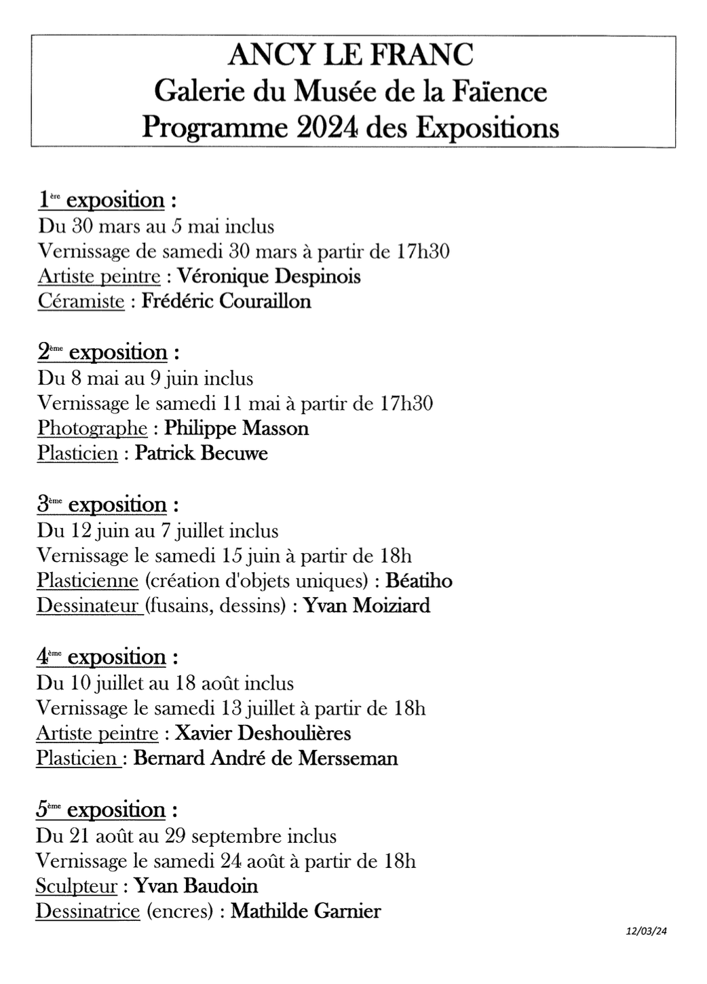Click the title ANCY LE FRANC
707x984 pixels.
pos(351,55)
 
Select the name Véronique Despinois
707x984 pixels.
pos(268,276)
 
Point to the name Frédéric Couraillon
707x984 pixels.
pos(226,301)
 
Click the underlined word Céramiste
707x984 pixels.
pos(81,301)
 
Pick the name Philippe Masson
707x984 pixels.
pos(236,428)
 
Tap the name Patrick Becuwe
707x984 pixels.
pos(202,453)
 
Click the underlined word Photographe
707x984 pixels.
pos(92,428)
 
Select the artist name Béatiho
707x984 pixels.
pos(419,581)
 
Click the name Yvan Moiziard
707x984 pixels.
pos(366,605)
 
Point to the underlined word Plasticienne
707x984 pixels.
pos(88,581)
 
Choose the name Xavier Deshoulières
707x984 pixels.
pos(263,733)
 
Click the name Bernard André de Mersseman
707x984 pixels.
pos(265,757)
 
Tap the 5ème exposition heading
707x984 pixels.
pos(107,810)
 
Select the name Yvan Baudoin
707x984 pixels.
pos(196,886)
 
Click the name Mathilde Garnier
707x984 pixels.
pos(305,910)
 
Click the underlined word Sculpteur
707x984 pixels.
pos(77,886)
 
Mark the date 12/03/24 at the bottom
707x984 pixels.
pos(647,932)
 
